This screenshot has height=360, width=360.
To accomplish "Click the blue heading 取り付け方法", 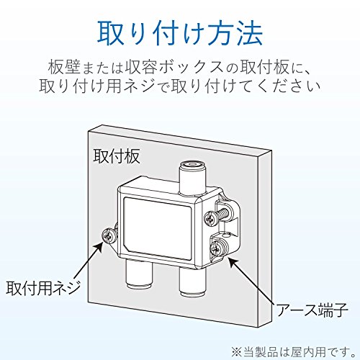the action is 180,33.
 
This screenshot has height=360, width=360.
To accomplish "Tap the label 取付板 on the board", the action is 117,156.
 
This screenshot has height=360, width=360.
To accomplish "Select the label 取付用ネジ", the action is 43,287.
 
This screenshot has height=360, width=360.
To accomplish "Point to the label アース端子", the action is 312,310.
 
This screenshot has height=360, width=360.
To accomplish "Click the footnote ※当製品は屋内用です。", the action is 293,351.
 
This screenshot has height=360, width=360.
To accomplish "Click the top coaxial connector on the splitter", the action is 192,176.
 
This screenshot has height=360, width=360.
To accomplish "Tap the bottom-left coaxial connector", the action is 139,274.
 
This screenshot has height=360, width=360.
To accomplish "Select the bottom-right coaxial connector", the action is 193,282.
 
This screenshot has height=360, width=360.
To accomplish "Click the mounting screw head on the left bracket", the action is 109,235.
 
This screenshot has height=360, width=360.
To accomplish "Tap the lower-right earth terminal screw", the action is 218,248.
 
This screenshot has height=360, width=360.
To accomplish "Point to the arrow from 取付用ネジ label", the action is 87,260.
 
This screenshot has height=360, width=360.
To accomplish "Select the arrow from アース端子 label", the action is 251,281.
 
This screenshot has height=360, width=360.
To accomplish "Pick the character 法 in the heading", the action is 249,33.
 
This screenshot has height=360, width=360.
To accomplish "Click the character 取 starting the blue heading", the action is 110,33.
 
